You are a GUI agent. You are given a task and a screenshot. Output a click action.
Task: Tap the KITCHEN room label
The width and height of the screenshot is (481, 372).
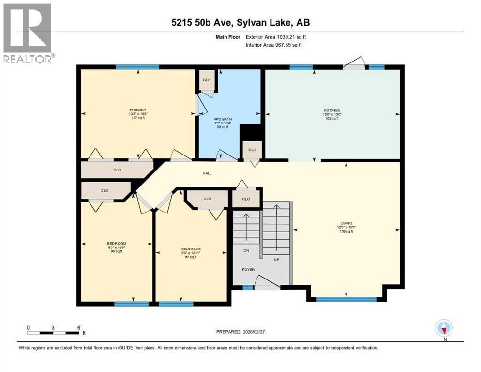332,111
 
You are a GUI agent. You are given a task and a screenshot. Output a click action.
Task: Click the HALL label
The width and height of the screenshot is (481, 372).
207,173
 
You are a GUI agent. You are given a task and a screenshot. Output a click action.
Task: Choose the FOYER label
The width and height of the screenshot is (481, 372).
248,270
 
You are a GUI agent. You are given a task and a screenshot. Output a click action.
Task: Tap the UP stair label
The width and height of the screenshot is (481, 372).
277,260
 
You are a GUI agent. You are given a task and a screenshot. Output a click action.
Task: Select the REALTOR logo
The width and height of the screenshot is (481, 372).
28,33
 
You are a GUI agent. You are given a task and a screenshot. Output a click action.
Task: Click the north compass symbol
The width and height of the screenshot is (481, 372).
444,328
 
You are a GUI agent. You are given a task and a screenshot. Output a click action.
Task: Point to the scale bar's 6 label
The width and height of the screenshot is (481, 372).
78,327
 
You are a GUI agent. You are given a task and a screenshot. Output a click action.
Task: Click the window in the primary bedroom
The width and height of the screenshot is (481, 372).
137,67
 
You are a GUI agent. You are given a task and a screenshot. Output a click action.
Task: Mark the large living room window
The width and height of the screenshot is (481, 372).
346,299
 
